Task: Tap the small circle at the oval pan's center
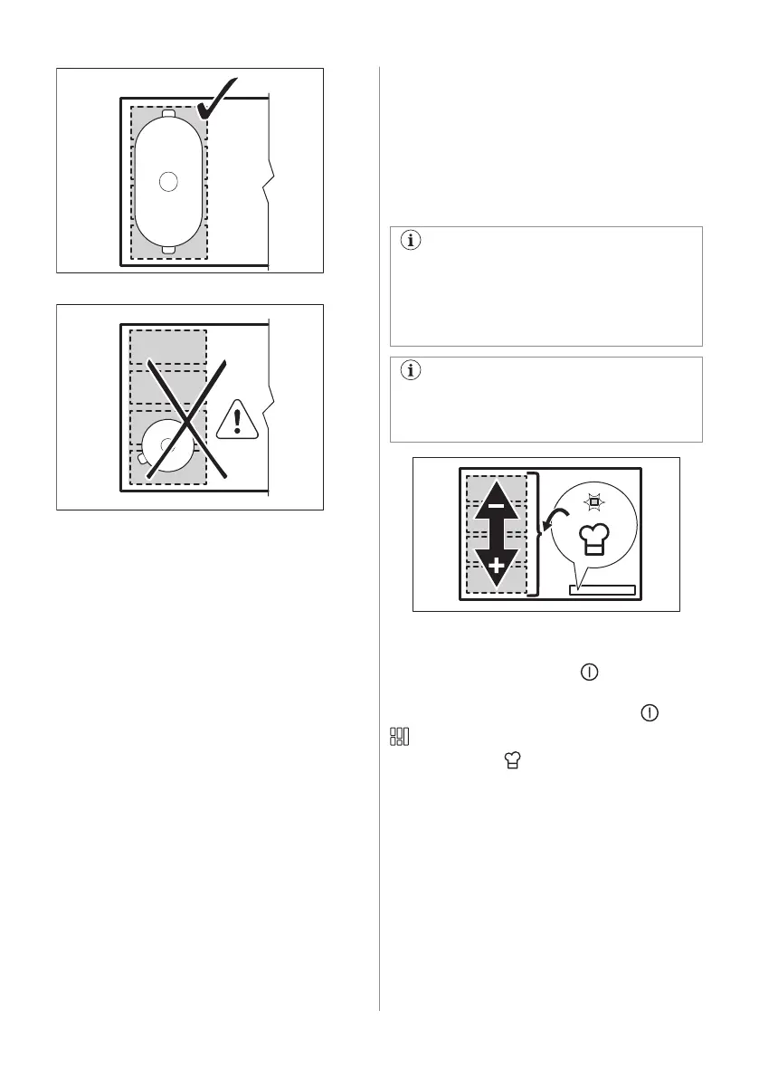pyautogui.click(x=167, y=181)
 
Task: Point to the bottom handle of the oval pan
pyautogui.click(x=168, y=251)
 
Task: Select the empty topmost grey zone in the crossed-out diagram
pyautogui.click(x=168, y=348)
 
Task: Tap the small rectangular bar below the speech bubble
pyautogui.click(x=602, y=590)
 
